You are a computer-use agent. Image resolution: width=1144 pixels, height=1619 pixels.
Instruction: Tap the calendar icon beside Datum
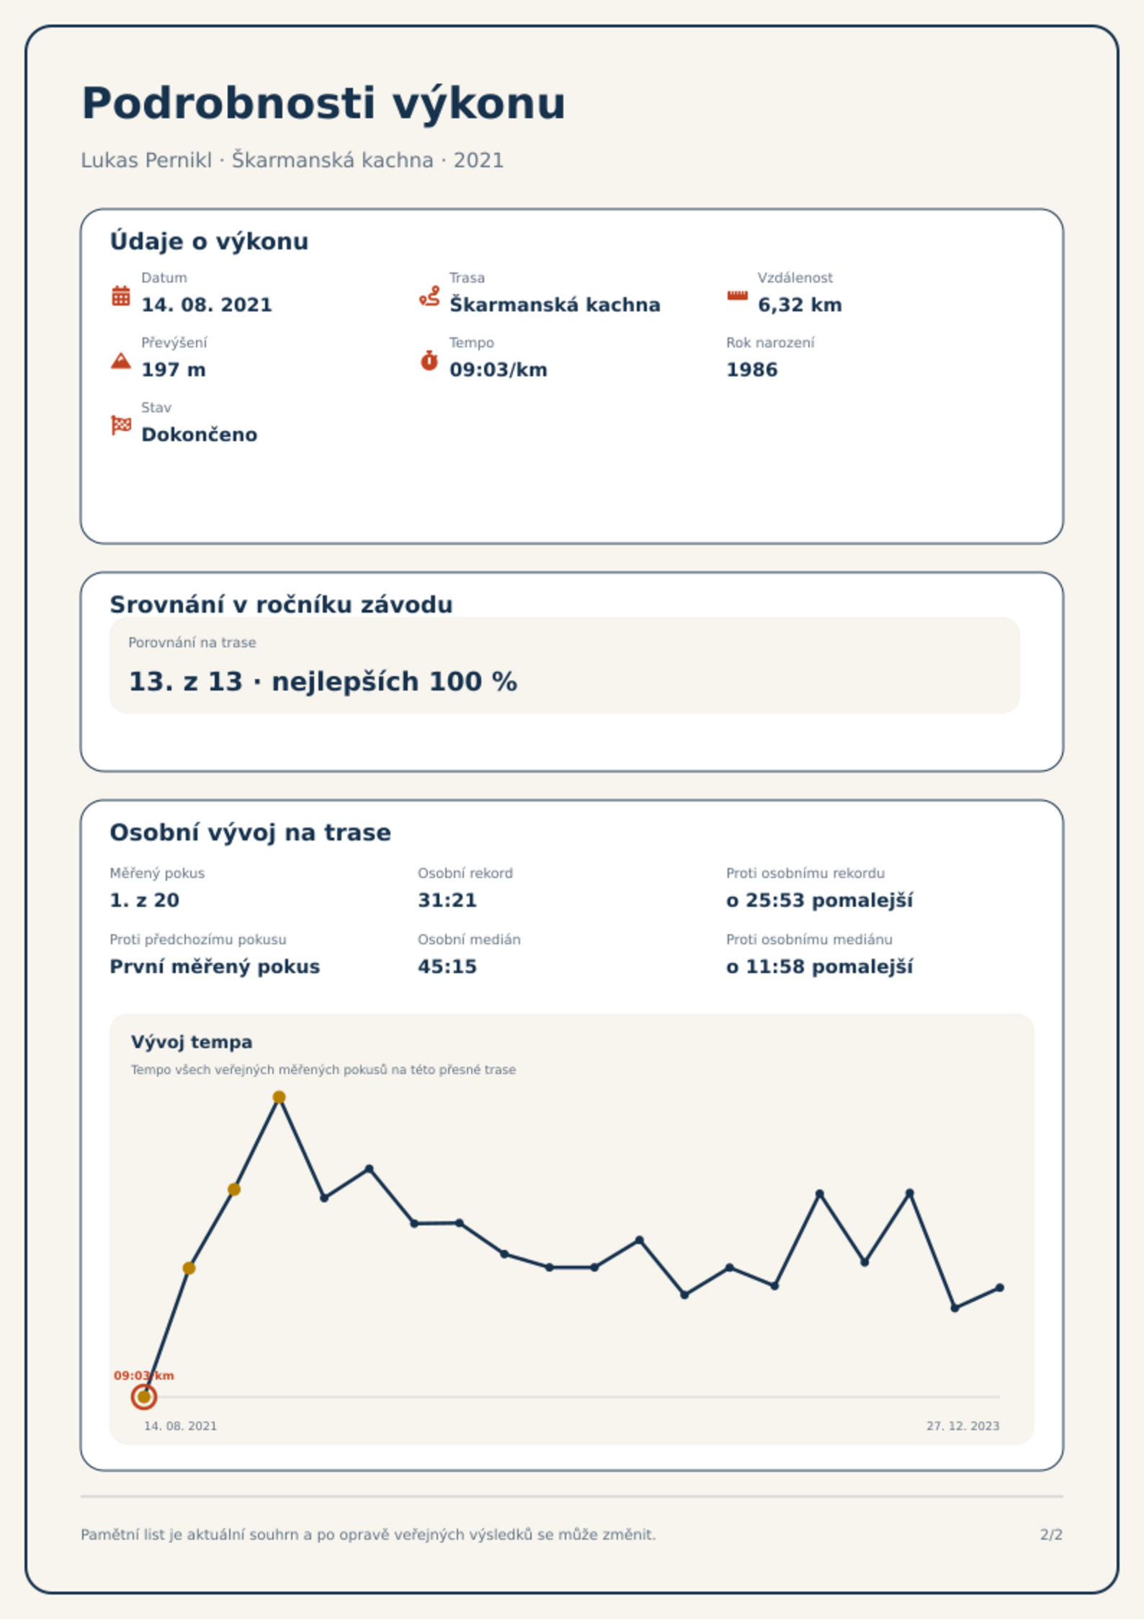pyautogui.click(x=121, y=296)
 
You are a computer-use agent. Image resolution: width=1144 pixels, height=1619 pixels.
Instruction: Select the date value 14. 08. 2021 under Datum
pyautogui.click(x=207, y=305)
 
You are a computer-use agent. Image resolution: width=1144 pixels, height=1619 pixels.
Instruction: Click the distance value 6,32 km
pyautogui.click(x=800, y=306)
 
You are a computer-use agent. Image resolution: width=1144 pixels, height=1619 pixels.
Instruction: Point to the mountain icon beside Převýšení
pyautogui.click(x=121, y=360)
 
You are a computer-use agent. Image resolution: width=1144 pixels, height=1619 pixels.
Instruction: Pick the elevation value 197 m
pyautogui.click(x=174, y=370)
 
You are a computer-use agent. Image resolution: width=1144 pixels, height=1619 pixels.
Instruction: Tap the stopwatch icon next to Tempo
pyautogui.click(x=429, y=360)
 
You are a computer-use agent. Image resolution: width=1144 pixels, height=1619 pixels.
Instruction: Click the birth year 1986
pyautogui.click(x=752, y=370)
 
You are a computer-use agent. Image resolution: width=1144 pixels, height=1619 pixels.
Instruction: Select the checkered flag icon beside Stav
pyautogui.click(x=121, y=425)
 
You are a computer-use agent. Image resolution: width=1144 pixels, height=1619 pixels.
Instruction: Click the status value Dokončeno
pyautogui.click(x=200, y=435)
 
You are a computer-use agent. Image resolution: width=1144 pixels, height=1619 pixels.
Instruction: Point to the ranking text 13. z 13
pyautogui.click(x=185, y=681)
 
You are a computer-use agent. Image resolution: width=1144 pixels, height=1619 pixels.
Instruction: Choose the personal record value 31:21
pyautogui.click(x=447, y=900)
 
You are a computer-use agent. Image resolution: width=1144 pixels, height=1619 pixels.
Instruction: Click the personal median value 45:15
pyautogui.click(x=447, y=967)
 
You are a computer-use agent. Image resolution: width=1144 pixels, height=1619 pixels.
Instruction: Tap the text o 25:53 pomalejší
pyautogui.click(x=819, y=901)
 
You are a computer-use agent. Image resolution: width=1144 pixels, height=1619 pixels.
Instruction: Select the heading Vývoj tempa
pyautogui.click(x=192, y=1042)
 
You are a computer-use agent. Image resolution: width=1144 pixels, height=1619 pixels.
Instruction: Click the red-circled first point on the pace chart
pyautogui.click(x=144, y=1397)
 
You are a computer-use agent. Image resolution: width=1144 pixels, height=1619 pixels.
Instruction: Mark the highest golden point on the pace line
pyautogui.click(x=279, y=1097)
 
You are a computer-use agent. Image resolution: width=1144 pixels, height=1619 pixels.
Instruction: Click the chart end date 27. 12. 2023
pyautogui.click(x=963, y=1426)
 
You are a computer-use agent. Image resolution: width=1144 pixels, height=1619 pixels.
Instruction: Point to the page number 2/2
pyautogui.click(x=1051, y=1535)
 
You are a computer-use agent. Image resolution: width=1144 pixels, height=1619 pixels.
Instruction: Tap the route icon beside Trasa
pyautogui.click(x=429, y=296)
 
